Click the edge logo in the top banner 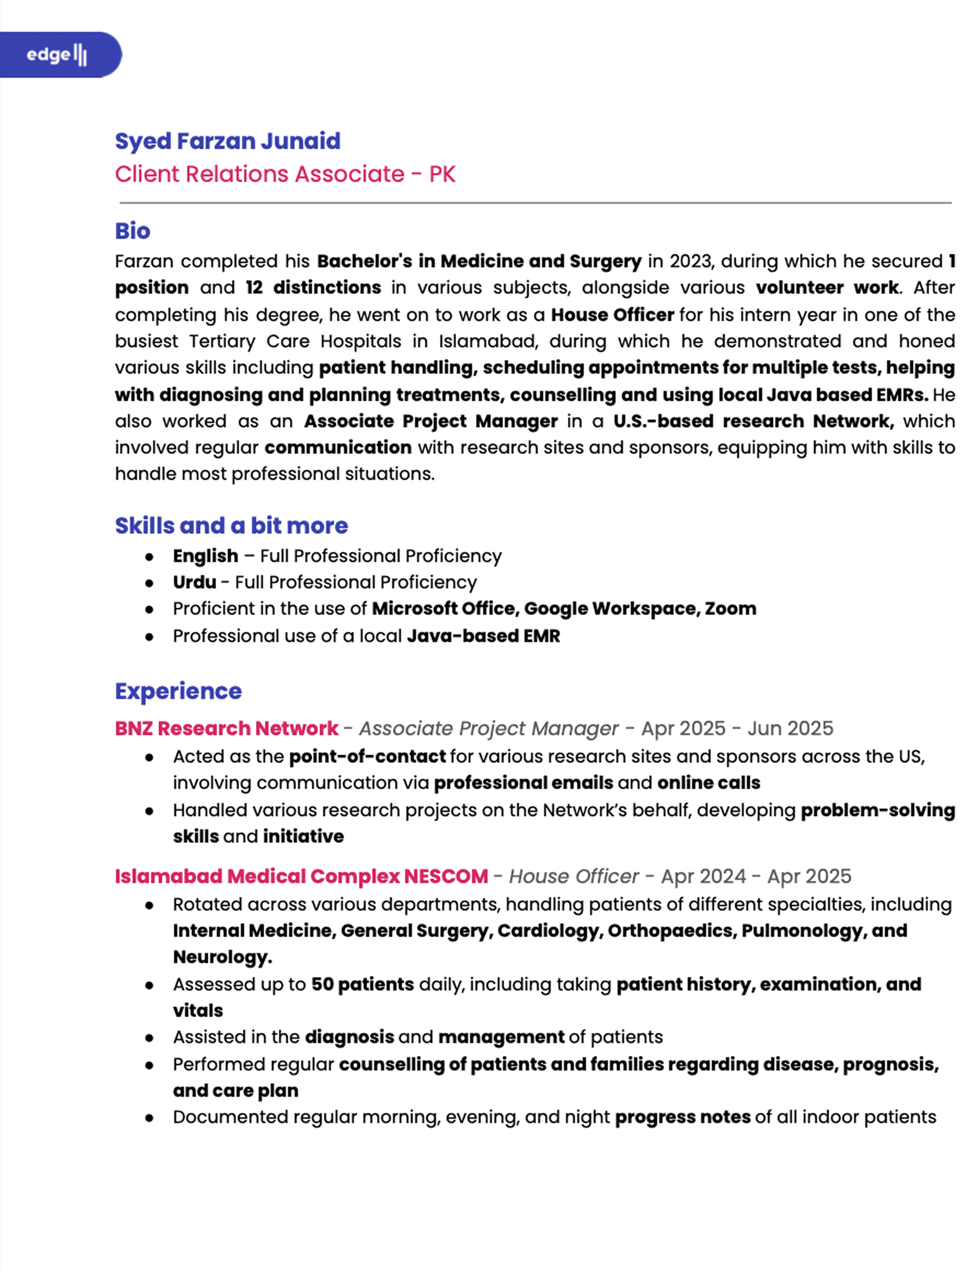click(57, 55)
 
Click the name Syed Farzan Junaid click(227, 141)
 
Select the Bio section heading click(133, 231)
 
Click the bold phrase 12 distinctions click(313, 287)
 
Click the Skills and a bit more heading click(231, 526)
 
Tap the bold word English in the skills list click(206, 556)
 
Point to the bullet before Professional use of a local click(150, 637)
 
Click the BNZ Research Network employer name click(226, 729)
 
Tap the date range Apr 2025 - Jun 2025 click(737, 729)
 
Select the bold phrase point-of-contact click(367, 756)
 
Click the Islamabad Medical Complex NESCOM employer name click(302, 877)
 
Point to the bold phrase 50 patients click(363, 984)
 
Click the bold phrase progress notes click(682, 1117)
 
